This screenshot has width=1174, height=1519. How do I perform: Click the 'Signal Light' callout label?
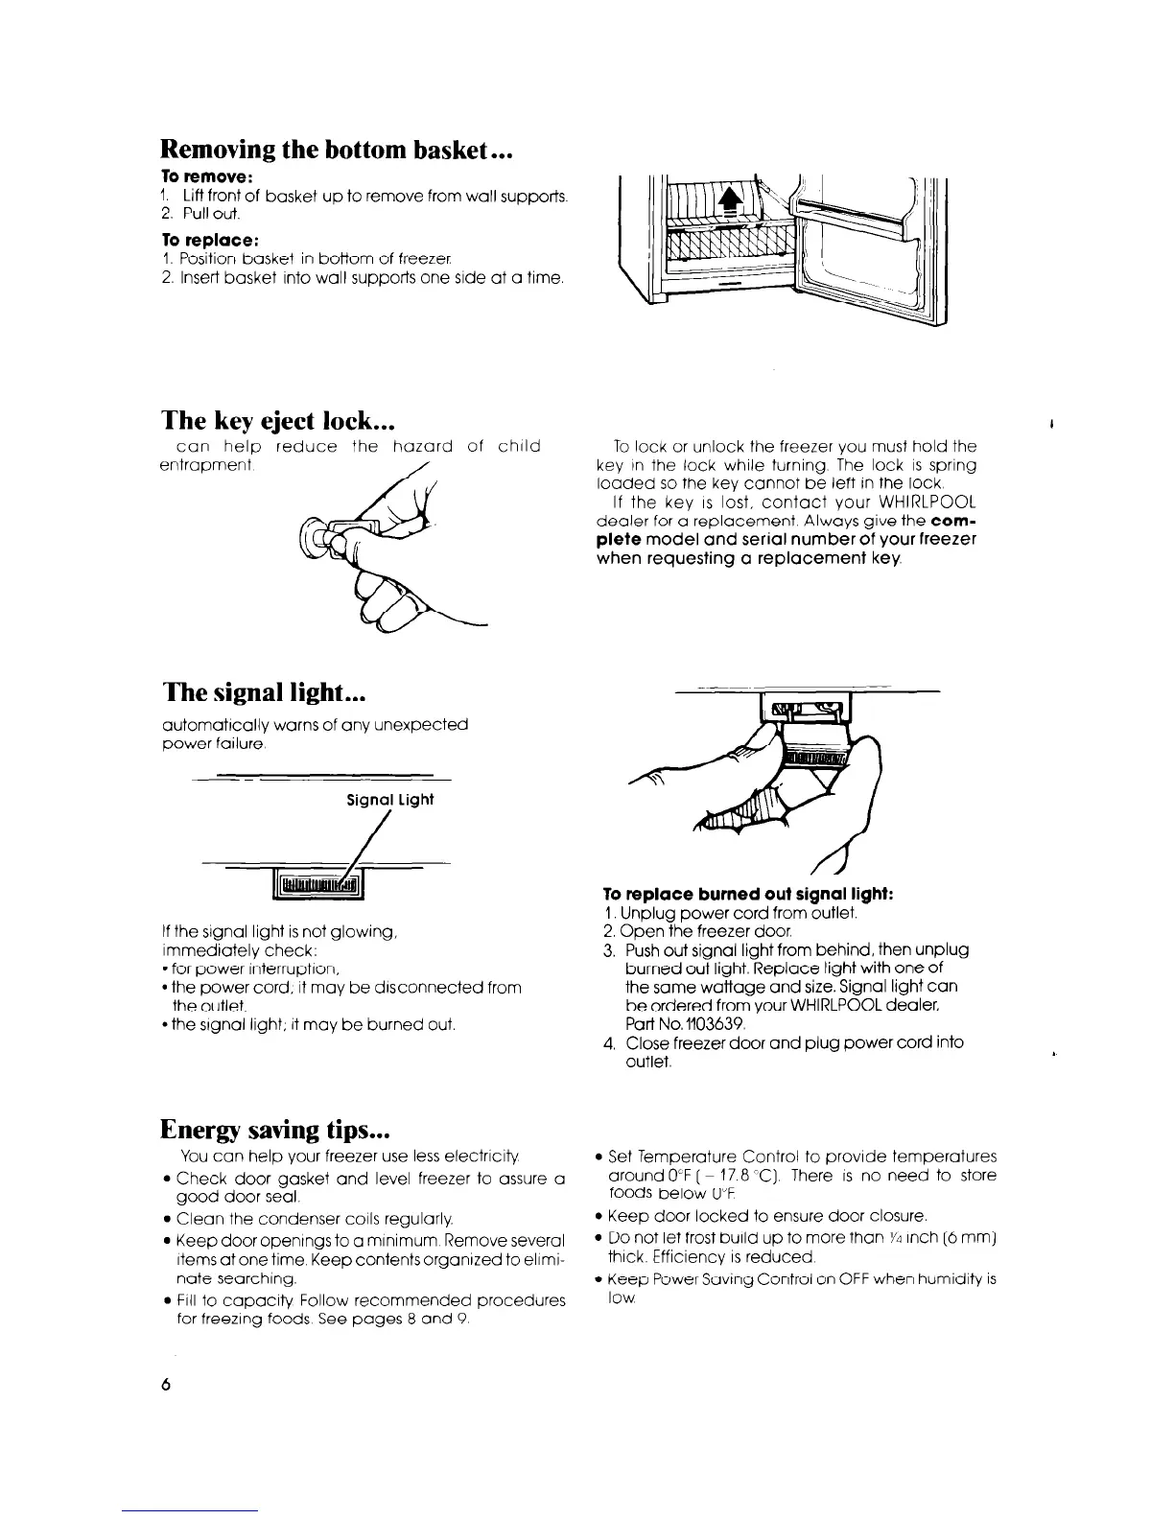390,800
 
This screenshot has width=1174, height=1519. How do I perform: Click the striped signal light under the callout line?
317,881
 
